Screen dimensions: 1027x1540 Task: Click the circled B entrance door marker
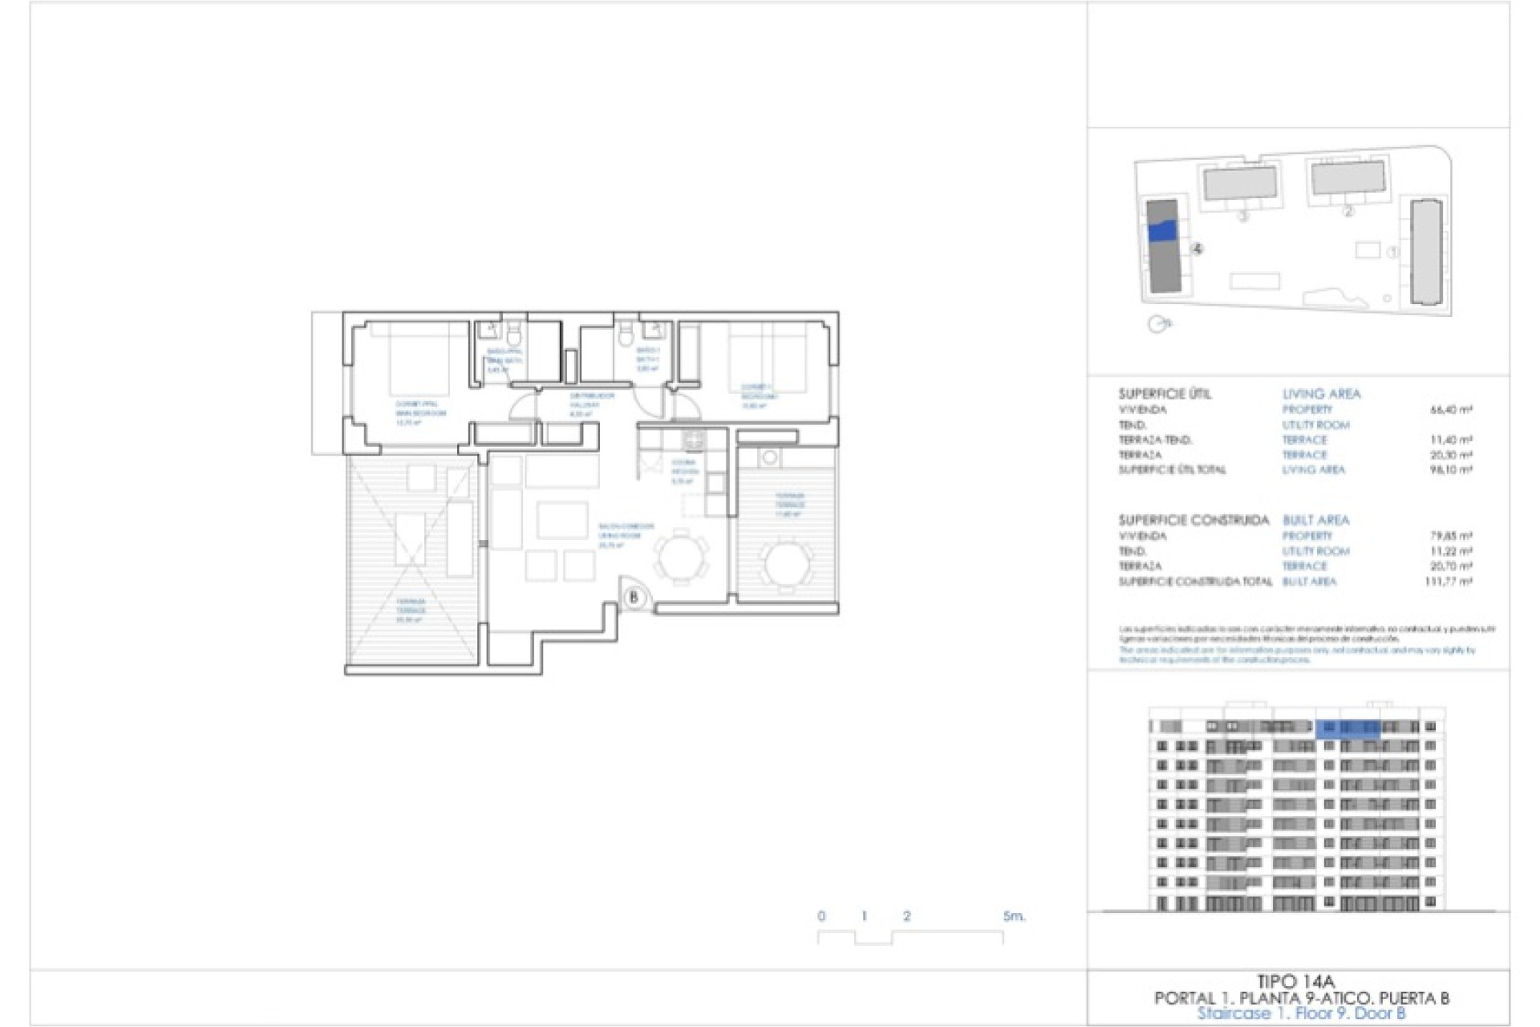click(634, 597)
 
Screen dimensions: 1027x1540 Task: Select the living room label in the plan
click(625, 535)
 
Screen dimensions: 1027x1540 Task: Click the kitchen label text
click(684, 472)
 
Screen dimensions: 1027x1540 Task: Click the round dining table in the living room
click(682, 554)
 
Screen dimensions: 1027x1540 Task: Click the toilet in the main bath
click(514, 331)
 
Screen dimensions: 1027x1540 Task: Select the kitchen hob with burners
click(693, 439)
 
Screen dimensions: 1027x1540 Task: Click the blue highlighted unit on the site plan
click(1162, 231)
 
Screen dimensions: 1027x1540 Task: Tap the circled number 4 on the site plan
click(1198, 250)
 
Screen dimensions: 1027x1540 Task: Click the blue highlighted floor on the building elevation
click(1347, 728)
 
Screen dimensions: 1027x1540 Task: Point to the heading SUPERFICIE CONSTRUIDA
click(1193, 521)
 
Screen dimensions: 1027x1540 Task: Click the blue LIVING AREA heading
click(1321, 394)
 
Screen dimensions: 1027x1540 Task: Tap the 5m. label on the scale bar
click(1014, 916)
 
